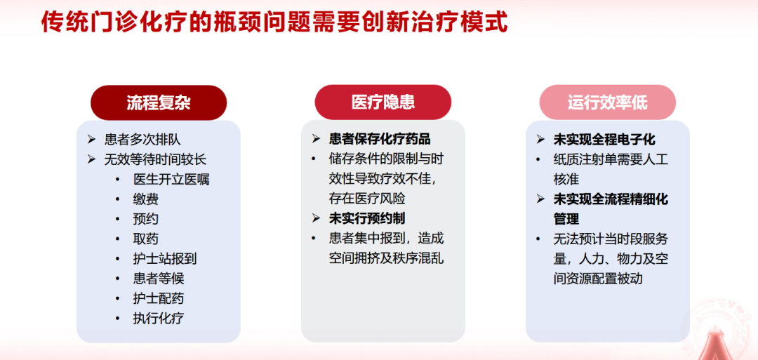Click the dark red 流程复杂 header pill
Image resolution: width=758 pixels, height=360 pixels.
[159, 103]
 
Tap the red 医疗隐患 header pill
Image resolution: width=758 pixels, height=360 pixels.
[383, 102]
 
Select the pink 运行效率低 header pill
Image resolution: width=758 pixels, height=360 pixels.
[608, 102]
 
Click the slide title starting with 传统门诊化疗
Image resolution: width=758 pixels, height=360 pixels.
[274, 22]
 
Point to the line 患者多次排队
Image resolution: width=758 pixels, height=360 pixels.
[142, 140]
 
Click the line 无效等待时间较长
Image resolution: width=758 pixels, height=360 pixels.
[155, 159]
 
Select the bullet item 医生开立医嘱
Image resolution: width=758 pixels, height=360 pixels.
[171, 179]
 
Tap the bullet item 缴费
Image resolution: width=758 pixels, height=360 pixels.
[145, 199]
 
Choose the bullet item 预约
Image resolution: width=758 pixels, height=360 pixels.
[145, 219]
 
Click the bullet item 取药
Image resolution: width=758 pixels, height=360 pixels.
[145, 239]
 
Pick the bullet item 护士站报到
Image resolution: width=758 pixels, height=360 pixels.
[165, 258]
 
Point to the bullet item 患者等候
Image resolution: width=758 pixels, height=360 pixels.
[159, 279]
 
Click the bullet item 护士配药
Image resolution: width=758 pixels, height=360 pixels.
[159, 298]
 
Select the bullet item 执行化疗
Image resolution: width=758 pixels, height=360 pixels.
[159, 318]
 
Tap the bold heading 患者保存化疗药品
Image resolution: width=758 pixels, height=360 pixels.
[380, 139]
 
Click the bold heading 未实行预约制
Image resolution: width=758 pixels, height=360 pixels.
[367, 218]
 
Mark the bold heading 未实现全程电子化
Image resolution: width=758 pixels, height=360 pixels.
[605, 140]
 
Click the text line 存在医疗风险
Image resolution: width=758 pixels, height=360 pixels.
[367, 199]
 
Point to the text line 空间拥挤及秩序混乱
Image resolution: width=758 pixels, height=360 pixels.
[386, 258]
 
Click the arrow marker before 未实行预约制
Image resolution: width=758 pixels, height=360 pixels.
[316, 218]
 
